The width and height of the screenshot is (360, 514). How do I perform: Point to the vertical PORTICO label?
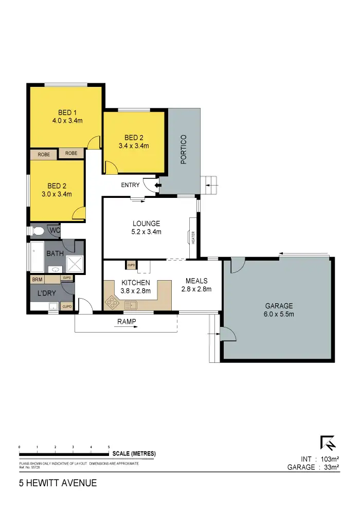click(x=184, y=149)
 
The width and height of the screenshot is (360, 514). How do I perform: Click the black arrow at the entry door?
click(x=158, y=185)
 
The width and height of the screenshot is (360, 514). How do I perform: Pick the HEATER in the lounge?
click(x=193, y=237)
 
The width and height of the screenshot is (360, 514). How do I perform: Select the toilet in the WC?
click(x=38, y=231)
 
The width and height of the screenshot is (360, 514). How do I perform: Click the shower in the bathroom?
click(x=75, y=265)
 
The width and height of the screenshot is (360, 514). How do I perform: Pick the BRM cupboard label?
click(x=37, y=280)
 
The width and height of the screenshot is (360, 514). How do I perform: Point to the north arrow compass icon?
click(x=328, y=444)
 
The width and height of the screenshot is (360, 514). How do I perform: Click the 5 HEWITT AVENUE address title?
click(x=57, y=483)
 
